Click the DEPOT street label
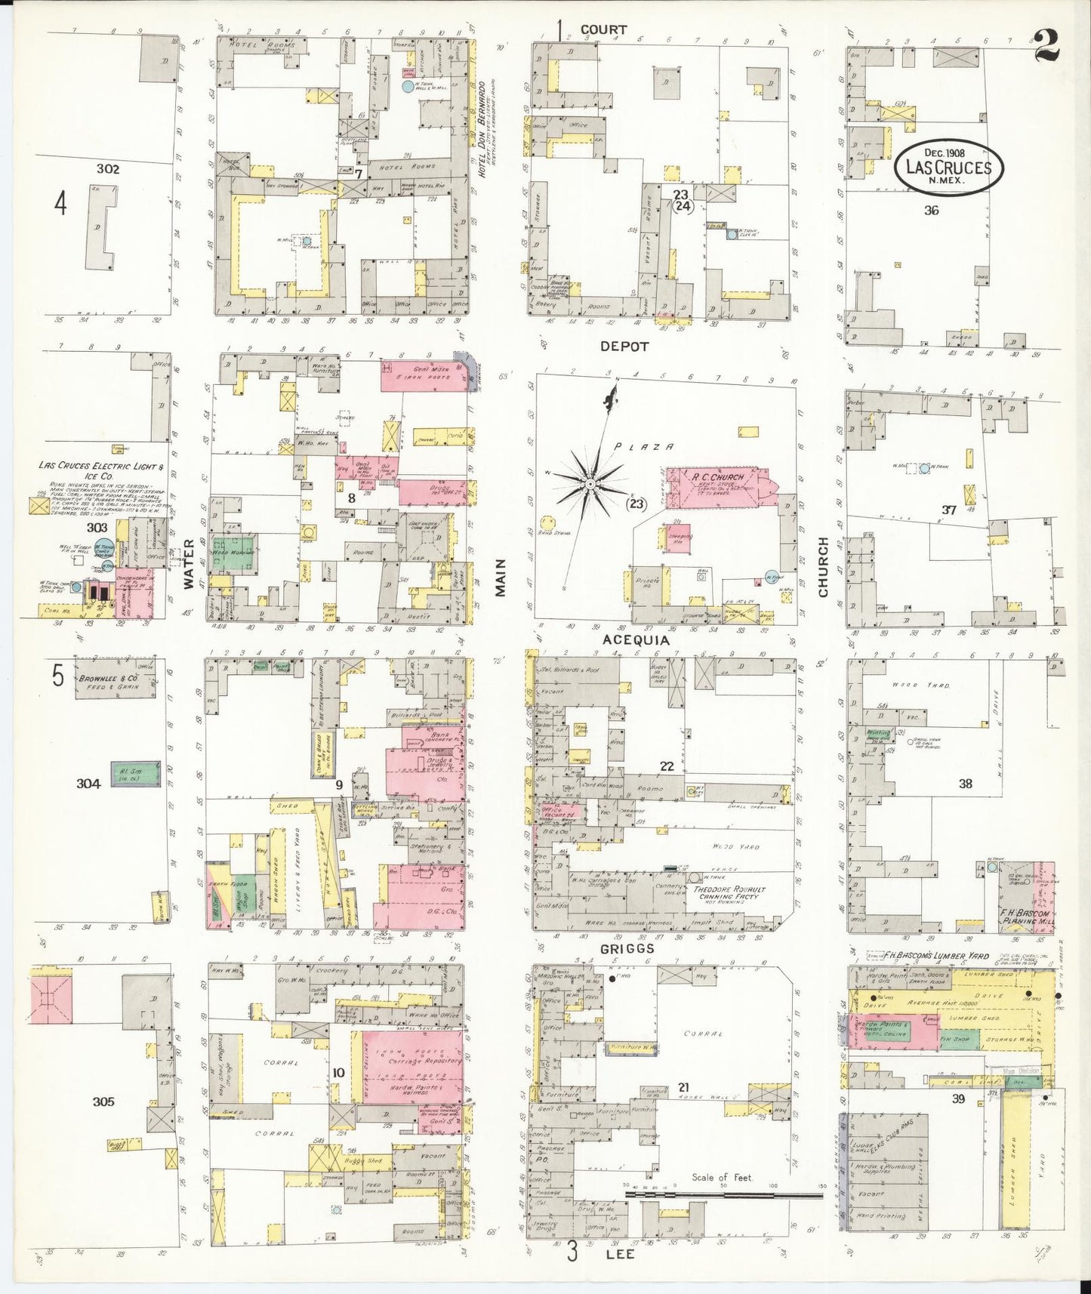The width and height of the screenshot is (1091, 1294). [624, 347]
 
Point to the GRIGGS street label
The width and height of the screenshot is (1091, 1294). [628, 948]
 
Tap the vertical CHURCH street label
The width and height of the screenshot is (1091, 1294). [823, 566]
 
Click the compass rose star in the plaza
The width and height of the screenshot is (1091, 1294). [589, 482]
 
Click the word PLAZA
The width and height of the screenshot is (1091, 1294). [639, 447]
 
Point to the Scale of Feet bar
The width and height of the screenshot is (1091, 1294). [723, 1195]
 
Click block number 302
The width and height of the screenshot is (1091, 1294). [107, 169]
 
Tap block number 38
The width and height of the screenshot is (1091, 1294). [965, 784]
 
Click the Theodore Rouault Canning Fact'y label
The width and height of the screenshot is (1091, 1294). [729, 893]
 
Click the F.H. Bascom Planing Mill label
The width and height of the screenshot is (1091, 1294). [1025, 917]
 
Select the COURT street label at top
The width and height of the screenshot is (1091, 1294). [603, 29]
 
